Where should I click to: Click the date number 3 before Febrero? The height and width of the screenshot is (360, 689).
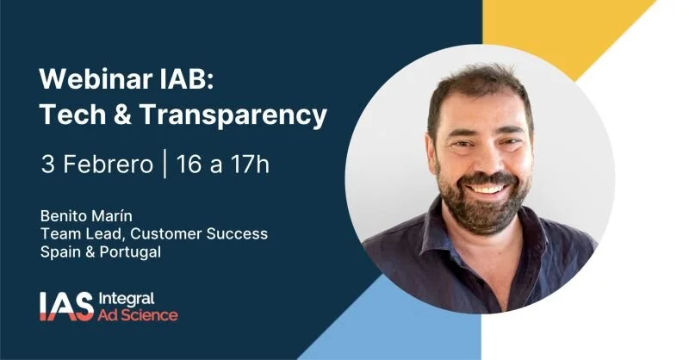coord(47,164)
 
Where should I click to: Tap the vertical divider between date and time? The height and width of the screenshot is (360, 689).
coord(164,164)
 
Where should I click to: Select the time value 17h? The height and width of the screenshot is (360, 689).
coord(249,164)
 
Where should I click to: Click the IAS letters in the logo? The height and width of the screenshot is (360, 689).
coord(65,306)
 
